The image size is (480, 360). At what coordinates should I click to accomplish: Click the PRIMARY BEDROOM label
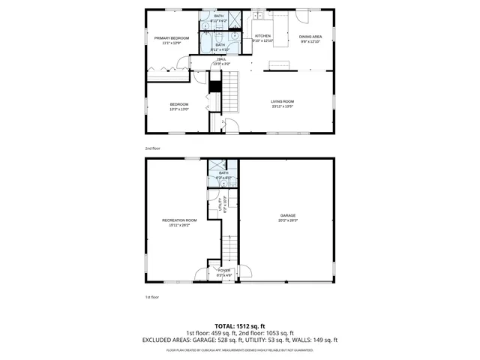click(x=172, y=37)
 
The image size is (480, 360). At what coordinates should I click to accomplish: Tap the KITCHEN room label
click(x=262, y=36)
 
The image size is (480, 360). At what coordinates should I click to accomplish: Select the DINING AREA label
click(x=310, y=36)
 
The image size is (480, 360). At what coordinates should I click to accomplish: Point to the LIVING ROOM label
click(x=283, y=101)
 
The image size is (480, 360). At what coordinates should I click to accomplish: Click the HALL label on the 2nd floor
click(x=221, y=59)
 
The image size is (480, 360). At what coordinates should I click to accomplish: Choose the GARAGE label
click(x=289, y=215)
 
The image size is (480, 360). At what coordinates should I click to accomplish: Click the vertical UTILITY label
click(x=220, y=204)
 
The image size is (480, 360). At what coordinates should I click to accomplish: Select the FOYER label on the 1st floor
click(x=224, y=270)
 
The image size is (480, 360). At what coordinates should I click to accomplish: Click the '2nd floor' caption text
click(x=152, y=148)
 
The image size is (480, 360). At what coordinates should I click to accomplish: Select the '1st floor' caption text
click(x=151, y=297)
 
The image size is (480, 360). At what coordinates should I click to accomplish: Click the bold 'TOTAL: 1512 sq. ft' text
click(x=240, y=325)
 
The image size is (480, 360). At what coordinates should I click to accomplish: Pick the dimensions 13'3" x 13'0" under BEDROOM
click(x=178, y=109)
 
